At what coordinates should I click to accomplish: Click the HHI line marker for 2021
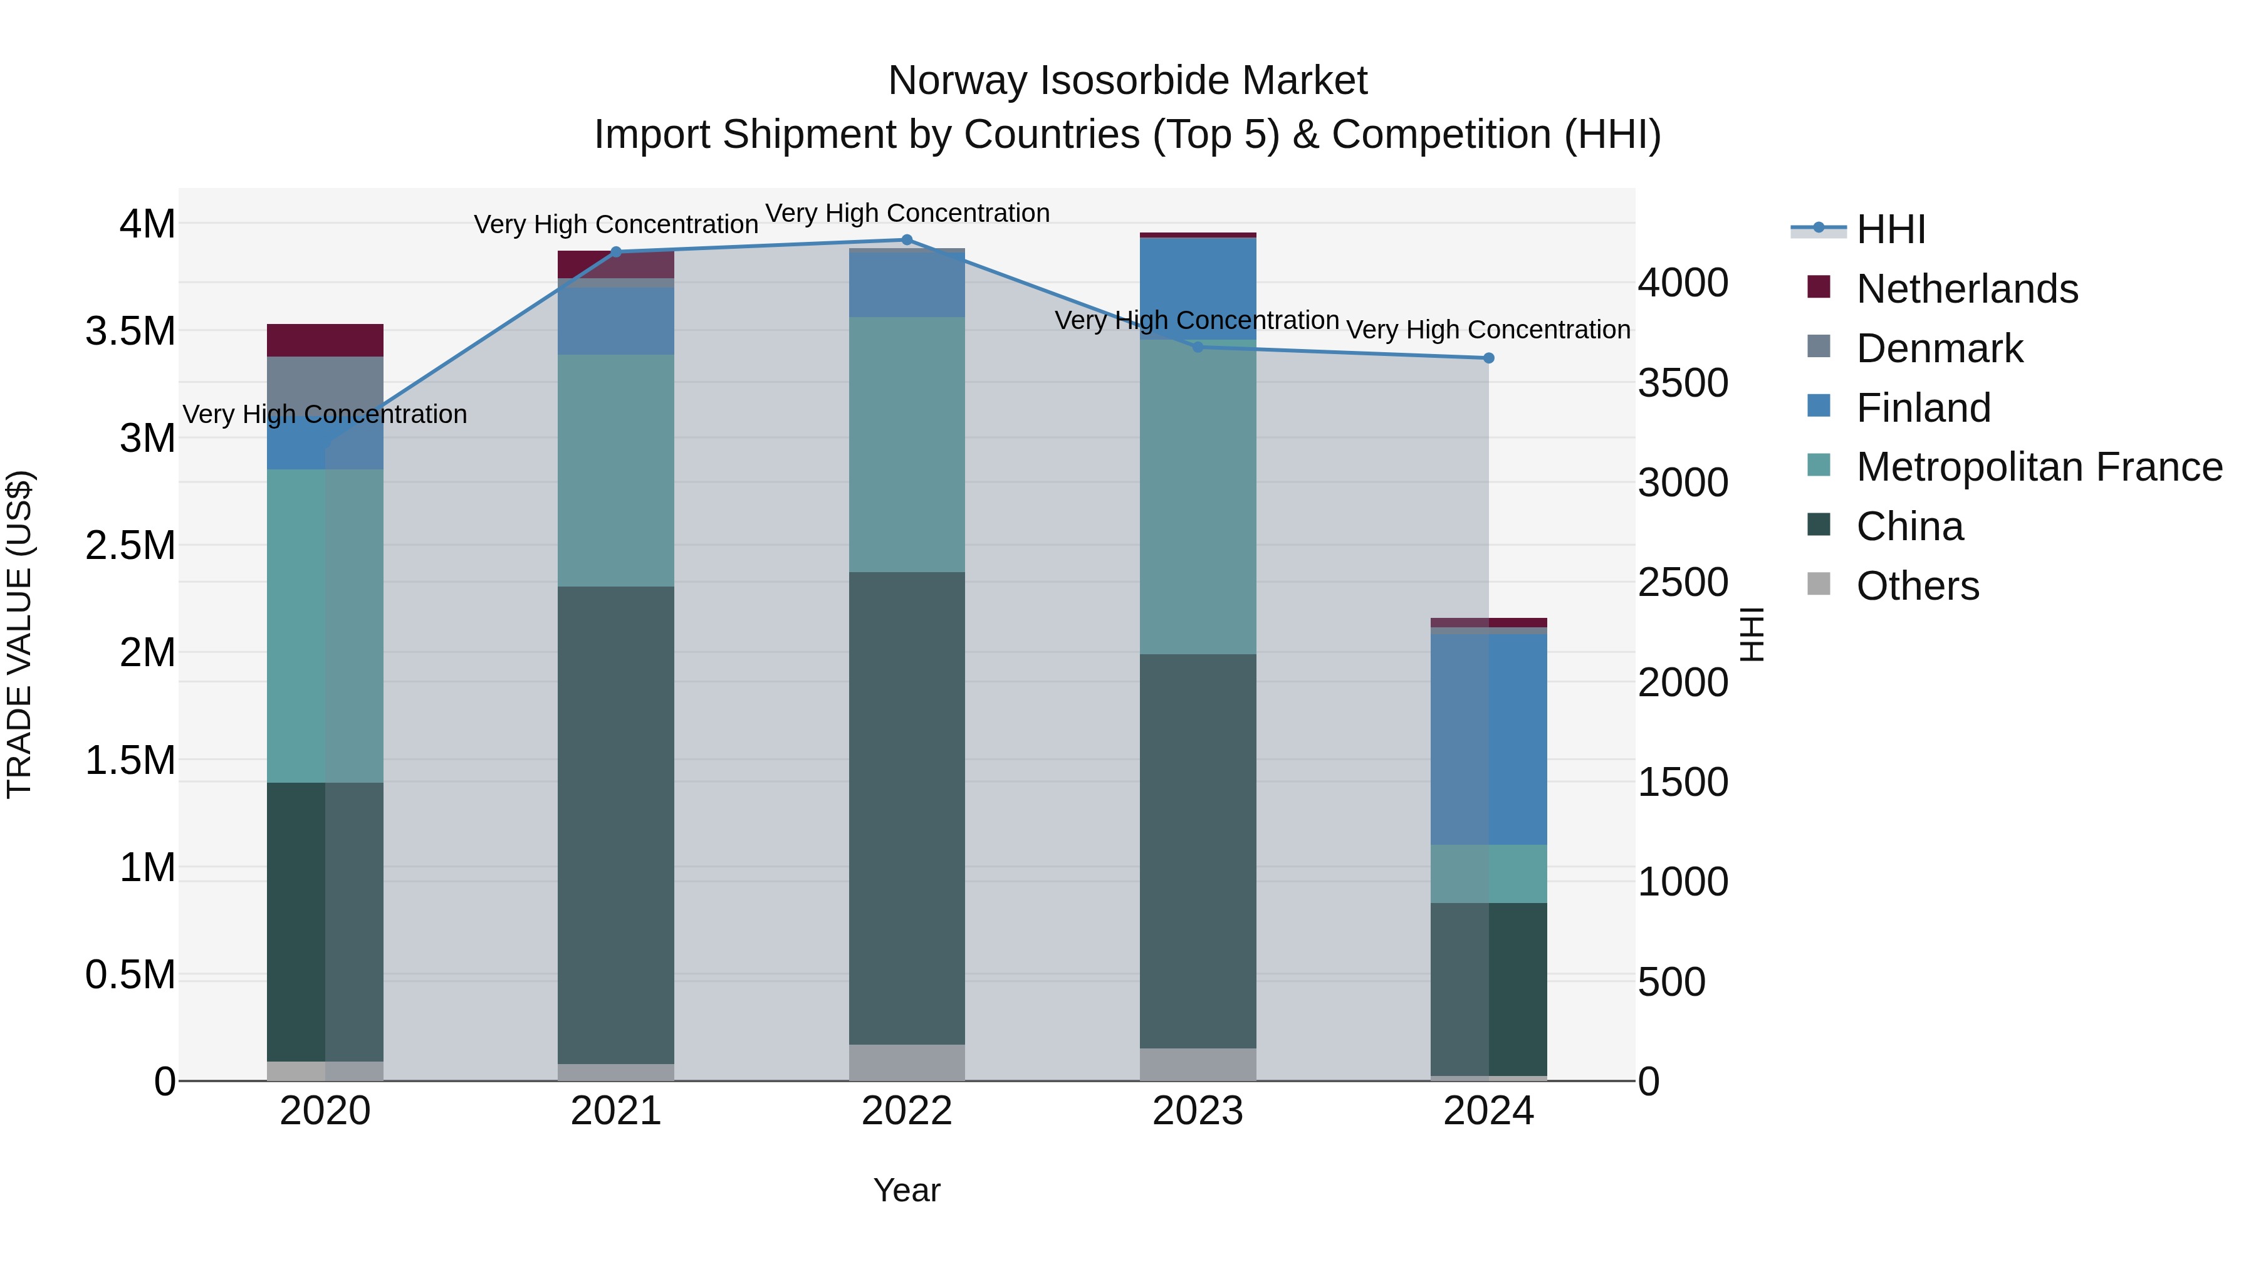615,252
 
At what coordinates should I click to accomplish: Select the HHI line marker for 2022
906,240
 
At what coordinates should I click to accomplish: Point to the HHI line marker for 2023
1198,347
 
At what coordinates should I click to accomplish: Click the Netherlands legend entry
1966,289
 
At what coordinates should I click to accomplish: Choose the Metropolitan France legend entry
2039,467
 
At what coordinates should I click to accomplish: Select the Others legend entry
1917,586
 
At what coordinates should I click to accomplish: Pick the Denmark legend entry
1939,348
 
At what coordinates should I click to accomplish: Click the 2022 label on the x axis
906,1111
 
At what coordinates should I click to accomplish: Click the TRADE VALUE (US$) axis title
19,634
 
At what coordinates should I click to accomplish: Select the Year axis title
906,1190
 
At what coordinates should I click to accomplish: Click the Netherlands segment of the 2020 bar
325,340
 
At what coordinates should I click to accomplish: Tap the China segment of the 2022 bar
906,808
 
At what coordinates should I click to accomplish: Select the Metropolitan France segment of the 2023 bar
1198,496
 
